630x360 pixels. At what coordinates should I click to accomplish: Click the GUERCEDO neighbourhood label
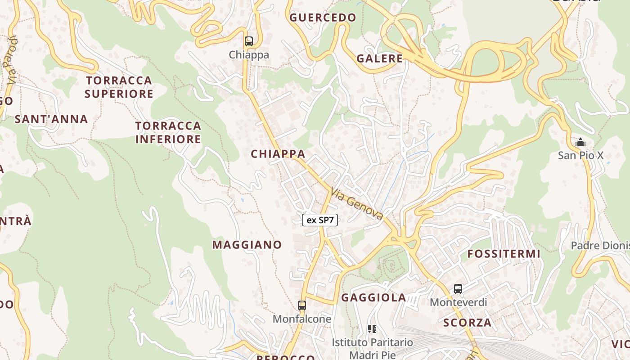(323, 18)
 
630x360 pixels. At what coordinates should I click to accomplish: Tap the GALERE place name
(380, 58)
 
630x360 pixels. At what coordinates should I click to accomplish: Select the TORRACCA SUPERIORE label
(119, 87)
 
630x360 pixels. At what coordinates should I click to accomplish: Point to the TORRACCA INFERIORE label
(168, 132)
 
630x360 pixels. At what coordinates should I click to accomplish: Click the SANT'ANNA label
(51, 119)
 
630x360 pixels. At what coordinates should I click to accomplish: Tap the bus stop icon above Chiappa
(249, 41)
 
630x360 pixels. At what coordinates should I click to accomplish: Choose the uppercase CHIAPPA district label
(278, 154)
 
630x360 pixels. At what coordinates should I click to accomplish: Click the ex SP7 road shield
(319, 220)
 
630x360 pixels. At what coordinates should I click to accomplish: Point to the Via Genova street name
(357, 204)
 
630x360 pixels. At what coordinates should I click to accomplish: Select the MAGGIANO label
(247, 245)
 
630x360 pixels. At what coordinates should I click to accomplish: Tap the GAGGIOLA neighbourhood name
(373, 297)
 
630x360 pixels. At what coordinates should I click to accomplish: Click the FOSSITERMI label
(504, 254)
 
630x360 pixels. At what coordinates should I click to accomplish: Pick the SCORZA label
(467, 323)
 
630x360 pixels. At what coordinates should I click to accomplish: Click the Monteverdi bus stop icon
(458, 289)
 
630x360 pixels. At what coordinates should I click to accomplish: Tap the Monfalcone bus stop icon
(302, 306)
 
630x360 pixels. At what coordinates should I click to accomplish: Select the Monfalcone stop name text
(302, 319)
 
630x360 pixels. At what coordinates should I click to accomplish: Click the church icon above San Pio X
(580, 143)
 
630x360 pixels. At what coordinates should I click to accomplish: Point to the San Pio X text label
(580, 156)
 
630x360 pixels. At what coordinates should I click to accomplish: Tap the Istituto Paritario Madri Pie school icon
(372, 329)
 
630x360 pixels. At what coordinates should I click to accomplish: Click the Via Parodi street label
(12, 61)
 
